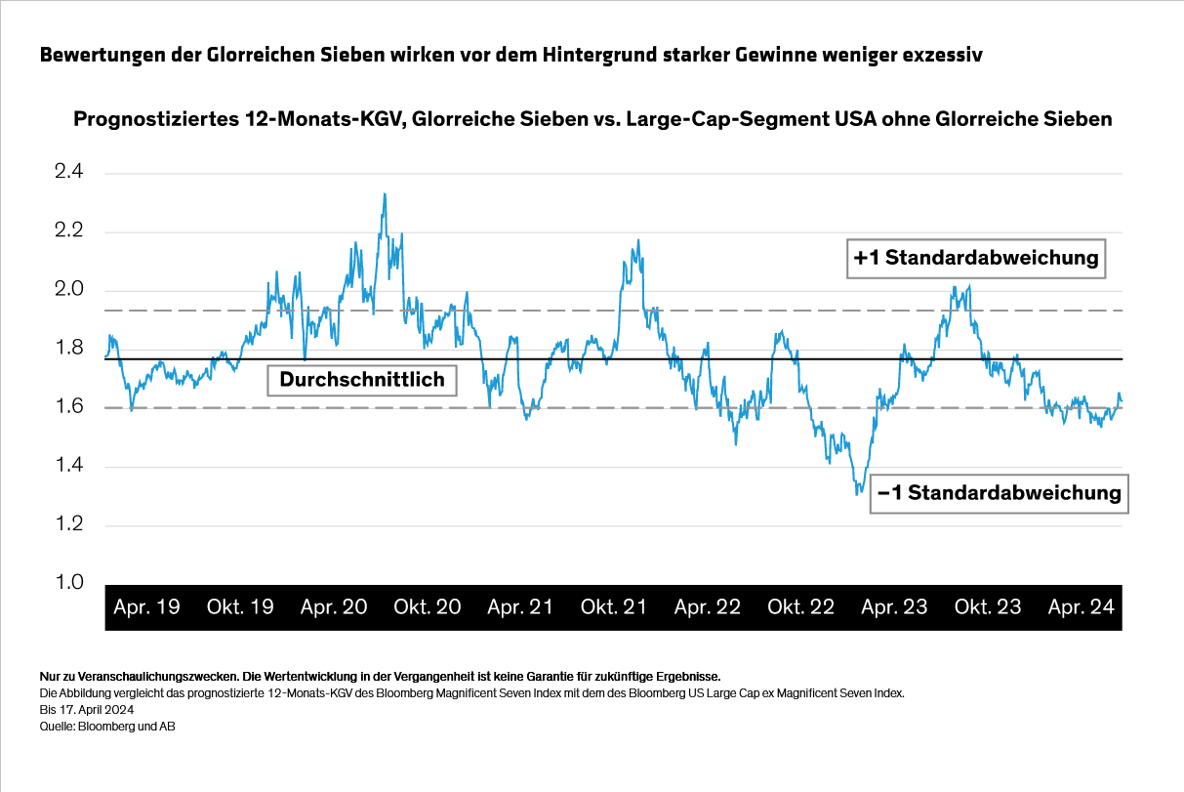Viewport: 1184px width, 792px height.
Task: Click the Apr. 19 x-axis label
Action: (146, 607)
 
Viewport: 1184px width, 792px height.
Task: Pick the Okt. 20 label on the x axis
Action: (428, 607)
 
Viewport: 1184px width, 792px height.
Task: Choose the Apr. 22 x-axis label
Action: (708, 607)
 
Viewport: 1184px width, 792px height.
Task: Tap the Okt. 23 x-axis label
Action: (988, 607)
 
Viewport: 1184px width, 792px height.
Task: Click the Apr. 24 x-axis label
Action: (1082, 607)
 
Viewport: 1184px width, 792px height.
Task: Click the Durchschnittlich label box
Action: (362, 379)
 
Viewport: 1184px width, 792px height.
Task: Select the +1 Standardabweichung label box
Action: (976, 259)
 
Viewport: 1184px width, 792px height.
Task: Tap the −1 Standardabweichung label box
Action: (1000, 493)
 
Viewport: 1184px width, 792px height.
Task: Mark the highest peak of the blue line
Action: (385, 194)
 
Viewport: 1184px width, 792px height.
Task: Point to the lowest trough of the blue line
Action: (858, 494)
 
